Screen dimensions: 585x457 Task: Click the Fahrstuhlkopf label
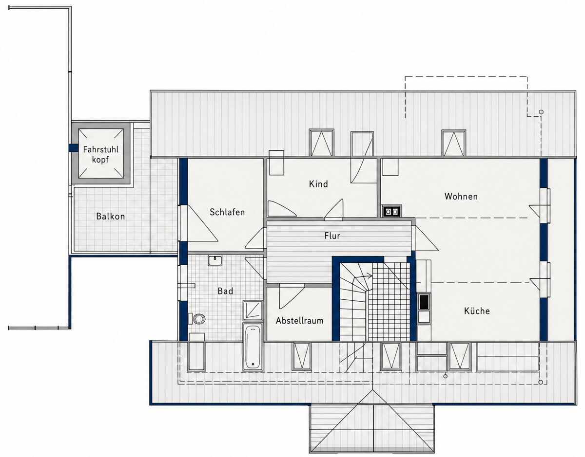(x=100, y=154)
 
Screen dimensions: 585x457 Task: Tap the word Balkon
(x=111, y=216)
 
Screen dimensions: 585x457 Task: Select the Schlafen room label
(x=227, y=212)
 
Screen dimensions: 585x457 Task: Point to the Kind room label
(x=318, y=184)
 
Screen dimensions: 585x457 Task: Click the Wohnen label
(x=461, y=197)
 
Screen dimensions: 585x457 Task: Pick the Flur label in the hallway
(x=332, y=236)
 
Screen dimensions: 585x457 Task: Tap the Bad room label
(x=225, y=291)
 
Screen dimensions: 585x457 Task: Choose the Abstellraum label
(x=300, y=321)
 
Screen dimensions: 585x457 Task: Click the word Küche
(x=477, y=311)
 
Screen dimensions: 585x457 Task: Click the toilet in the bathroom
(x=197, y=319)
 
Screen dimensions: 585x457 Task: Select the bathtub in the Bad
(x=253, y=347)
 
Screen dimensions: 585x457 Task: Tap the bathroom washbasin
(x=215, y=260)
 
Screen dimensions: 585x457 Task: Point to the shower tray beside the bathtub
(x=253, y=311)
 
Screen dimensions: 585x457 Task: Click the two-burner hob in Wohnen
(x=391, y=211)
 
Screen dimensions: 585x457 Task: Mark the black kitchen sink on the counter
(x=424, y=302)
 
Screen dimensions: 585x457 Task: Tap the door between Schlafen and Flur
(x=255, y=238)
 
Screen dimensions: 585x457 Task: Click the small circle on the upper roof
(x=541, y=112)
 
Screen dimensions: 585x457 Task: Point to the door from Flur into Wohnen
(x=426, y=238)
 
